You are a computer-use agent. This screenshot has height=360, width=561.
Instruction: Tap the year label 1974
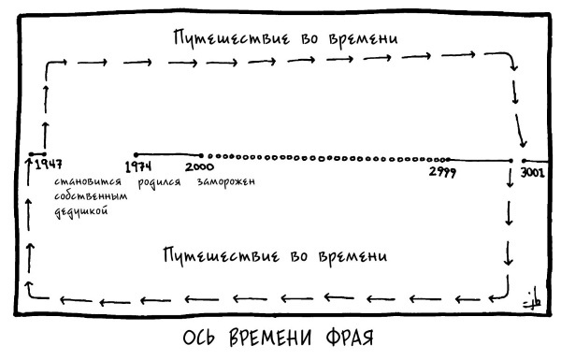[x=139, y=166]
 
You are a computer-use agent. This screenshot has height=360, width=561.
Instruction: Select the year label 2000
[x=200, y=166]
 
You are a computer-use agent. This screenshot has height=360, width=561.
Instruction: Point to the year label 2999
[x=442, y=170]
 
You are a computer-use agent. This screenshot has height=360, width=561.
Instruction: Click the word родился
[x=159, y=182]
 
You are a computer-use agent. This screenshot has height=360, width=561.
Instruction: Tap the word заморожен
[x=226, y=182]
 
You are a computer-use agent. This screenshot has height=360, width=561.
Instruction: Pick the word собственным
[x=90, y=197]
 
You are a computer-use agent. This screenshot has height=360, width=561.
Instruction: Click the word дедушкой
[x=81, y=212]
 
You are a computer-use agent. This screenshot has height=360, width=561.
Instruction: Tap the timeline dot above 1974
[x=137, y=154]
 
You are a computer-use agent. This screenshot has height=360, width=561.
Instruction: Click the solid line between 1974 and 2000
[x=168, y=154]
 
